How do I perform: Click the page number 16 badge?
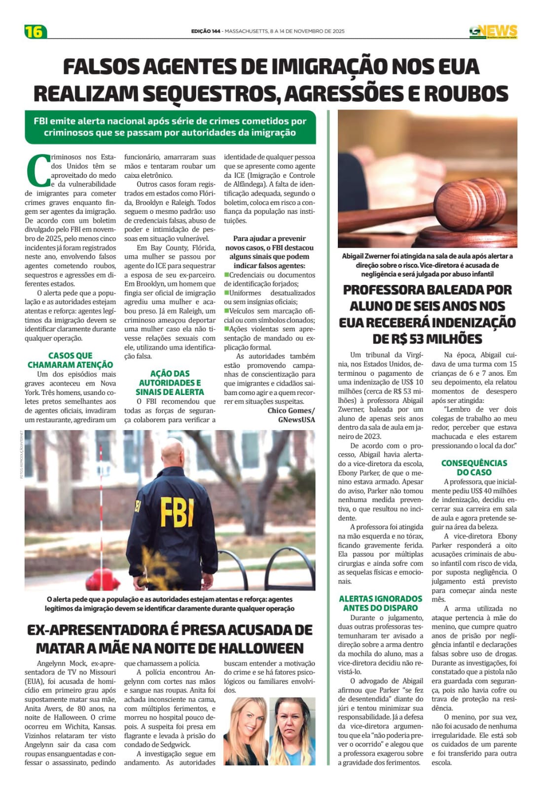point(35,32)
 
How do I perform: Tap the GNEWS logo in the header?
point(493,32)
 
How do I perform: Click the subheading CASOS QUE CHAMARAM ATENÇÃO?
point(70,360)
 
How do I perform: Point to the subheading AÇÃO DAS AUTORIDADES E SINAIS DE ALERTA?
point(170,383)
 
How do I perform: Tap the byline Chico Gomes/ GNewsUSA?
point(291,415)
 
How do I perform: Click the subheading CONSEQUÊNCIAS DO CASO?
point(474,467)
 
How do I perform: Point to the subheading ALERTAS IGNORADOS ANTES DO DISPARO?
point(380,603)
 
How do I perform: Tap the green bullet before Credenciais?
point(227,275)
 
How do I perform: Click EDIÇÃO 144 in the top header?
point(206,31)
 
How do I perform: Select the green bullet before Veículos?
point(227,311)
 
